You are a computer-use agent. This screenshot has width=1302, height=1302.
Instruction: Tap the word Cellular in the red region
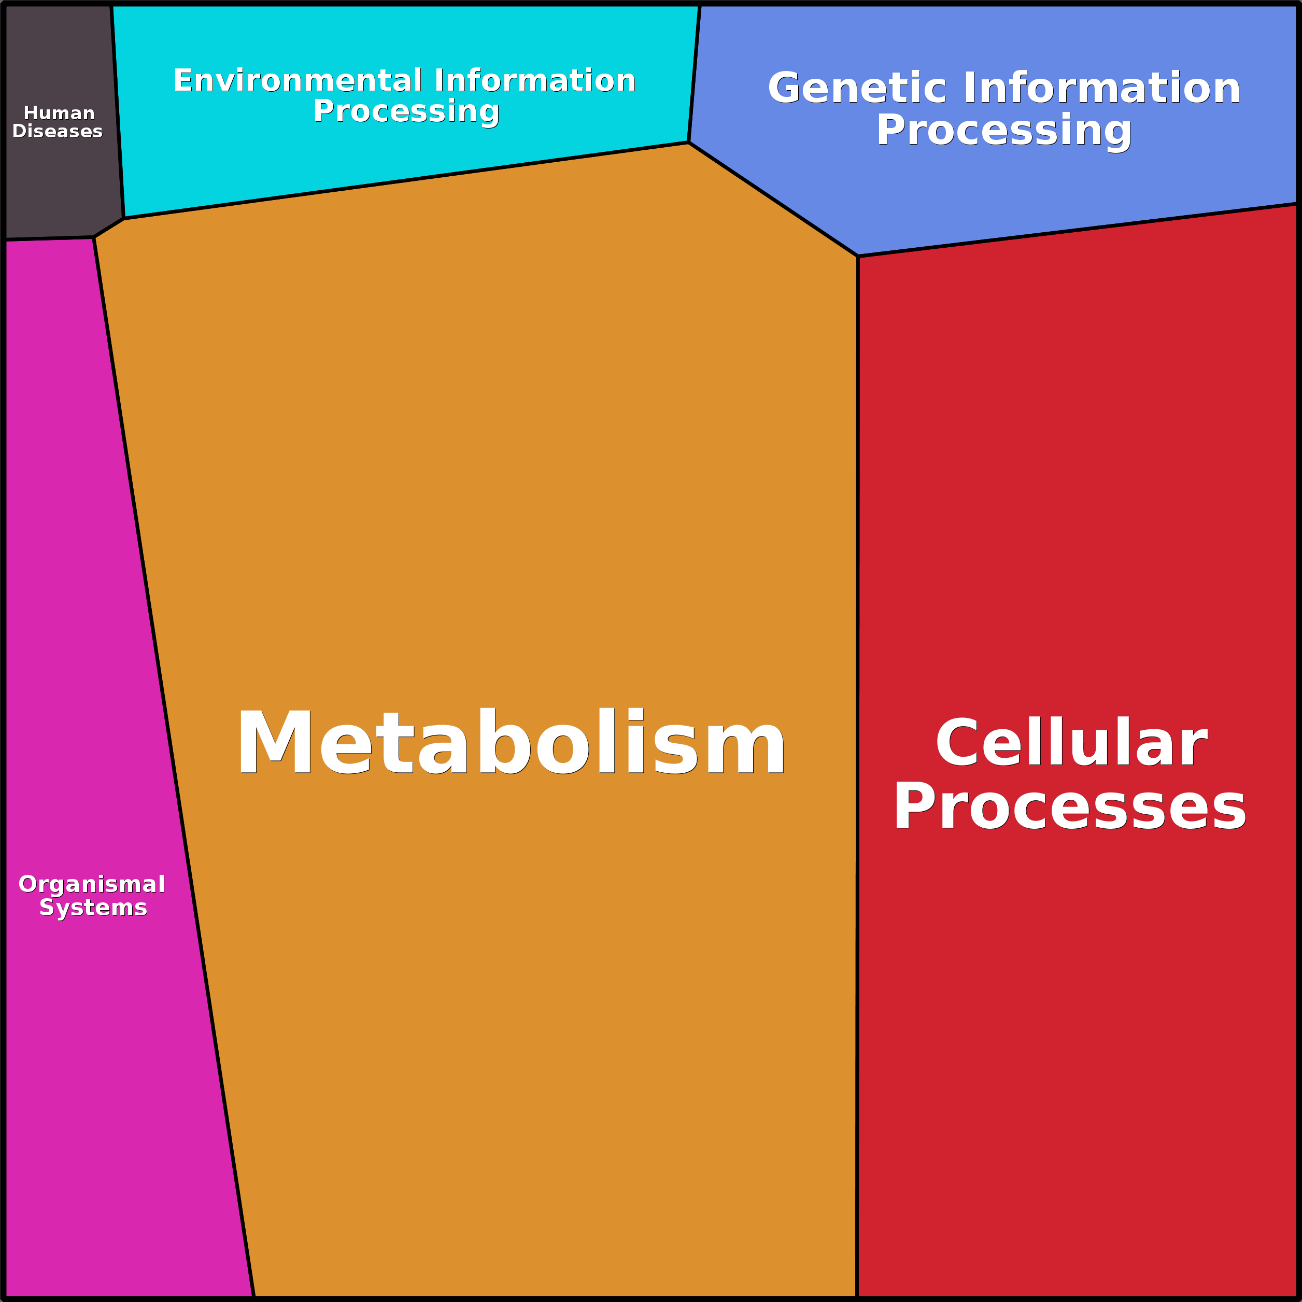pos(1071,743)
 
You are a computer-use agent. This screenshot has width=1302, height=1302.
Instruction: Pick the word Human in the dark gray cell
pos(59,113)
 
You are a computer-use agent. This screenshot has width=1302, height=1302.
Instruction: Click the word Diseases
pos(58,132)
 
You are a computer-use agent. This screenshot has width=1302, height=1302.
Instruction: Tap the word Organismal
pos(92,884)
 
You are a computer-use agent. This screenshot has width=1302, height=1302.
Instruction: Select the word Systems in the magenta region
pos(93,908)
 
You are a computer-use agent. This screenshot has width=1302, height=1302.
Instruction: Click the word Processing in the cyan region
pos(406,111)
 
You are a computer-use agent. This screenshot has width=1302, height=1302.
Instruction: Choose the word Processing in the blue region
pos(1003,130)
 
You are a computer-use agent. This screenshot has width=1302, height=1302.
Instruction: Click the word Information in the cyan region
pos(535,81)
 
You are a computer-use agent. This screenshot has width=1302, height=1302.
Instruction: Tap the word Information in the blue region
pos(1102,88)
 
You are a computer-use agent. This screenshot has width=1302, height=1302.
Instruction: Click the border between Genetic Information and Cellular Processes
pos(1078,230)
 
